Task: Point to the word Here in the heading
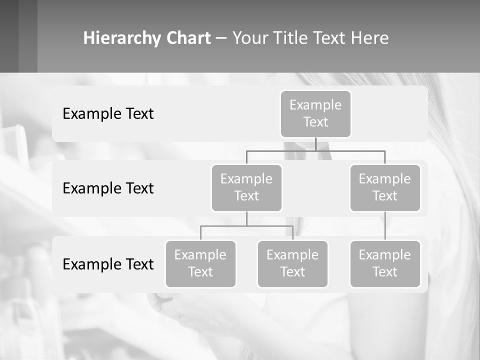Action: coord(370,38)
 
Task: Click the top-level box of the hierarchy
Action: coord(315,113)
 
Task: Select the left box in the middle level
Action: coord(246,187)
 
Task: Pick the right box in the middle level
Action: coord(385,187)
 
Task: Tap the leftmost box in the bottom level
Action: coord(200,263)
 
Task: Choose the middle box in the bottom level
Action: coord(292,263)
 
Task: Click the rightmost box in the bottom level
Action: coord(385,263)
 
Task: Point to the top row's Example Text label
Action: coord(108,114)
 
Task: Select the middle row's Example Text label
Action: coord(108,188)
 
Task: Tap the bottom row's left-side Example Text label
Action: coord(108,264)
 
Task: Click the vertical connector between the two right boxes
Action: coord(385,226)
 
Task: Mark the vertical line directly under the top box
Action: coord(315,144)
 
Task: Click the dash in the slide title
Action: coord(221,38)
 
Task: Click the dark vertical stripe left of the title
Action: coord(27,36)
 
